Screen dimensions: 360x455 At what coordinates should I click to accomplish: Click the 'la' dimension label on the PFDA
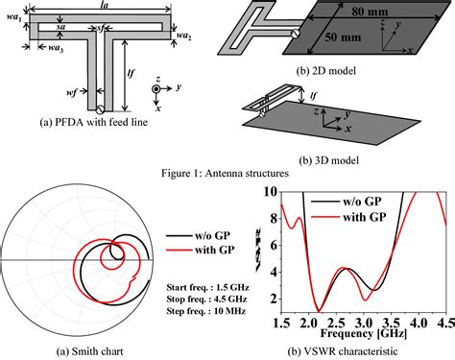[104, 7]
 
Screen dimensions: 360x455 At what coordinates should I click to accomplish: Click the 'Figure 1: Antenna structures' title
[227, 172]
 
